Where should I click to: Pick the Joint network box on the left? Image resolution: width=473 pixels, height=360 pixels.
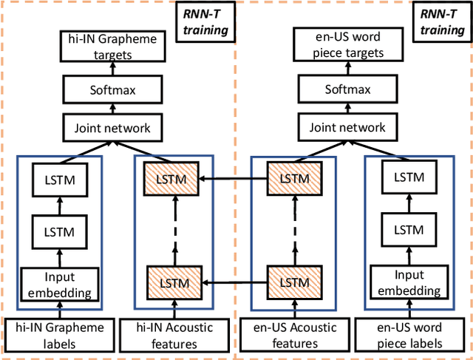[x=112, y=128]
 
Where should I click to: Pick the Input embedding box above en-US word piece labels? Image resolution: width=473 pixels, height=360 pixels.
[x=409, y=285]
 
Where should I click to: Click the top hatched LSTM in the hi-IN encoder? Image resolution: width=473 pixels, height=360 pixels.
[x=173, y=179]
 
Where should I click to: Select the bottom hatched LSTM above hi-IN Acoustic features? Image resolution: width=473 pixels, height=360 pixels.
[x=173, y=282]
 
